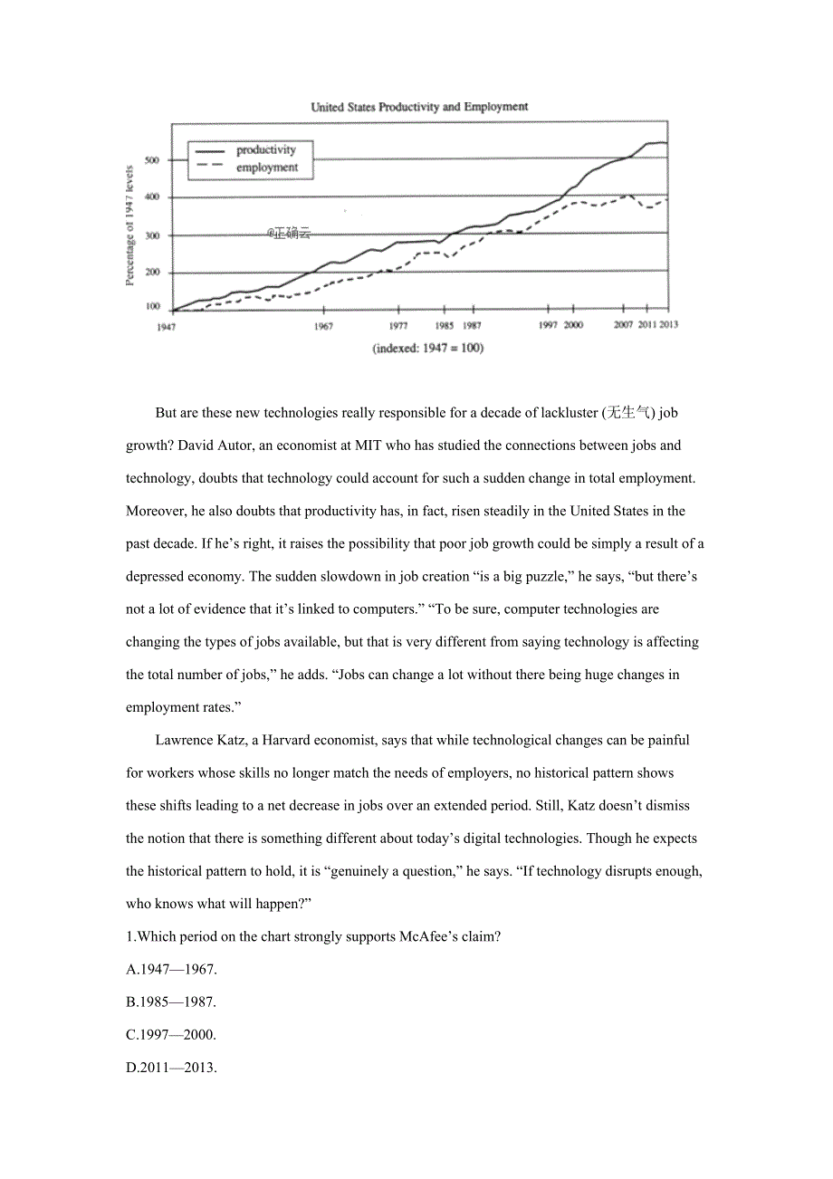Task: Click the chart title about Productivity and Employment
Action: pos(419,107)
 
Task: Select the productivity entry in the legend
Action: pos(265,149)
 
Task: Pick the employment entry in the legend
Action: pos(266,168)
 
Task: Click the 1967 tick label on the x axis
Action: pos(323,326)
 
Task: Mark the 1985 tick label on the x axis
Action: pos(444,326)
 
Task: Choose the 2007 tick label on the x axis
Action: pos(623,325)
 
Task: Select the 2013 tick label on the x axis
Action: pos(667,325)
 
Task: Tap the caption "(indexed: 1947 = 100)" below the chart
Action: pos(427,349)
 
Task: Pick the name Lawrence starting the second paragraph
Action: pos(184,740)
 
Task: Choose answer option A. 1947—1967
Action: pos(171,969)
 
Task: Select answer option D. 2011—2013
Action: pos(171,1067)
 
